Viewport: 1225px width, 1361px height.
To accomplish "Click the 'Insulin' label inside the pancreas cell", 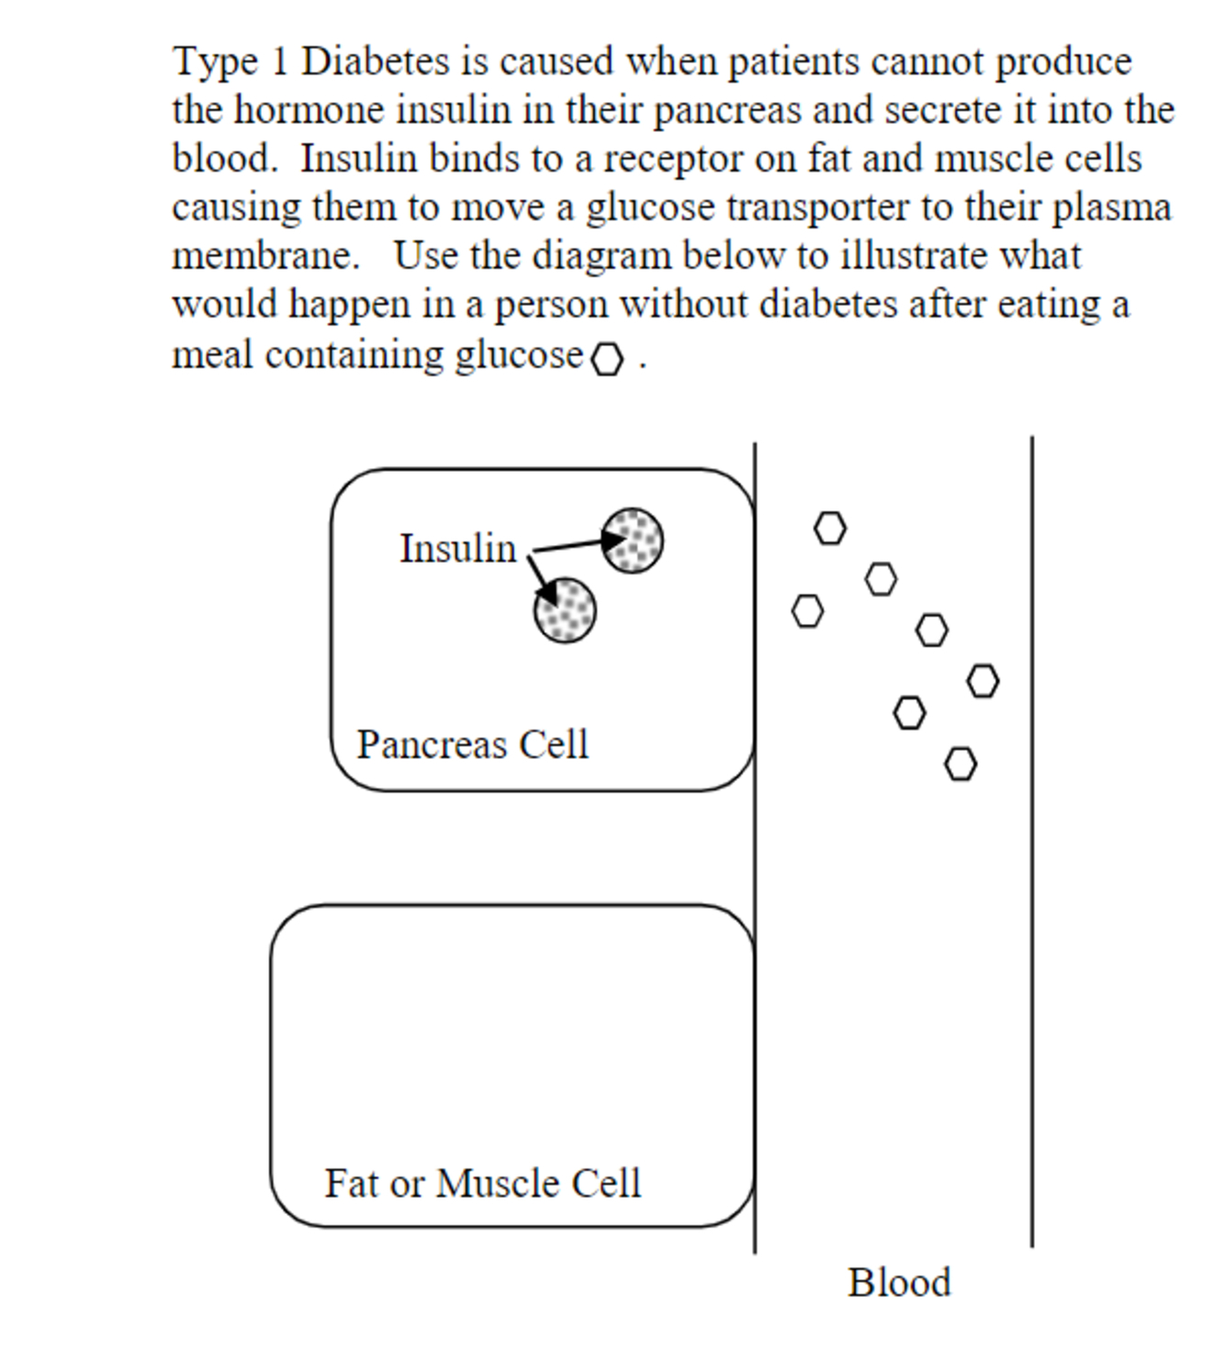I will [x=457, y=549].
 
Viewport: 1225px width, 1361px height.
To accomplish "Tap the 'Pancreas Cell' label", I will [x=472, y=744].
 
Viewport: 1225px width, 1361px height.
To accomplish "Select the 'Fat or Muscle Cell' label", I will [x=482, y=1184].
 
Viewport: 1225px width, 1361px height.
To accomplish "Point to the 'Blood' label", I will [x=899, y=1283].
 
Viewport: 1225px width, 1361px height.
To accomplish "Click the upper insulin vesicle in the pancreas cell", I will [x=632, y=541].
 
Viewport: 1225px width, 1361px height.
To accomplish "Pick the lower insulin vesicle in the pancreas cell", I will [x=565, y=610].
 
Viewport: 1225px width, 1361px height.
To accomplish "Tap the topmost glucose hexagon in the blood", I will [x=830, y=528].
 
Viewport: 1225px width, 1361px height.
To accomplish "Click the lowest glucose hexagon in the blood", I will [x=961, y=764].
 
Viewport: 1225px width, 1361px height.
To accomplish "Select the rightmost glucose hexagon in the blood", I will [x=983, y=681].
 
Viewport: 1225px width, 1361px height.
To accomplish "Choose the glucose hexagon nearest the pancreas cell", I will [x=807, y=610].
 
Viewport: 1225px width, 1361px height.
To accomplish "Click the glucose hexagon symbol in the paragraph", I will [x=607, y=360].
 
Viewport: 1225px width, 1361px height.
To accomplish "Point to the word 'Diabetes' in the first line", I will [x=376, y=62].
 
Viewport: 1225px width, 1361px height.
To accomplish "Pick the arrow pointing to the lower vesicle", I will [x=543, y=581].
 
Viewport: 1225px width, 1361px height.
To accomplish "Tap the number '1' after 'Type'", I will [x=280, y=62].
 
